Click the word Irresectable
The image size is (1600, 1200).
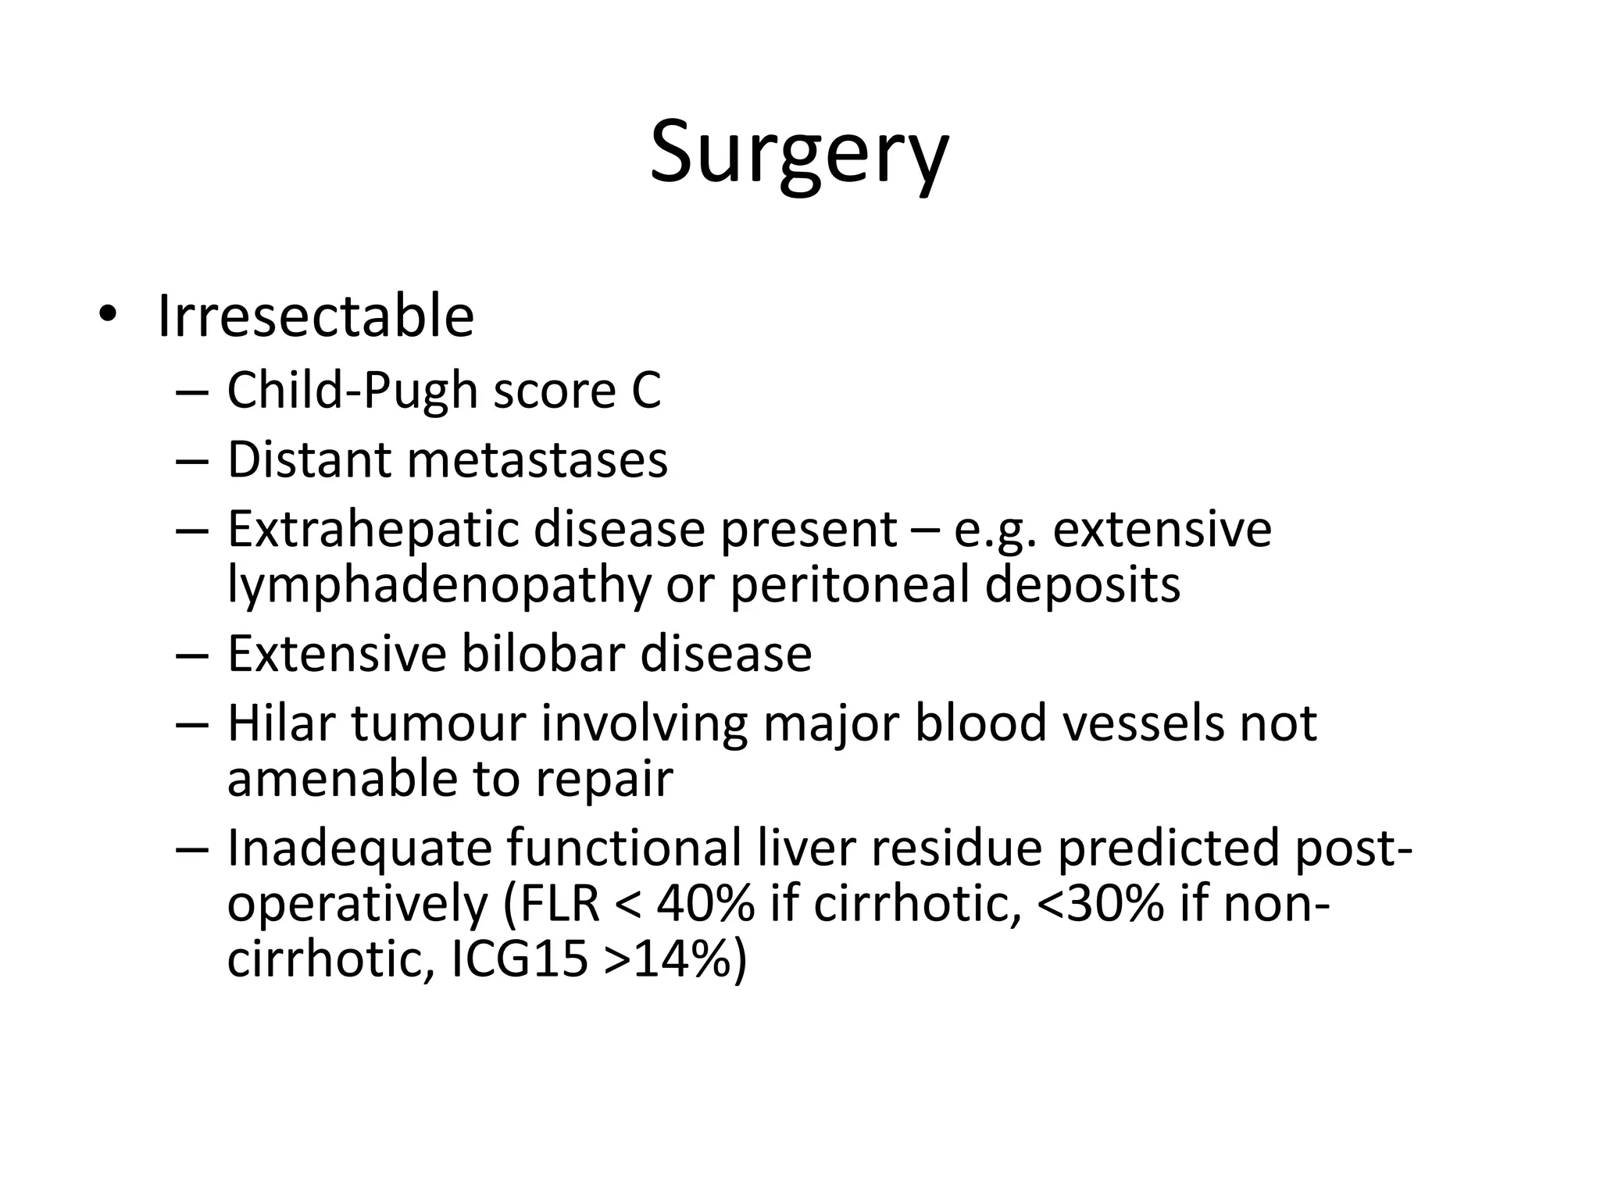316,316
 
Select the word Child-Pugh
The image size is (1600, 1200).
352,391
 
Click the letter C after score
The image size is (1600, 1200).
647,391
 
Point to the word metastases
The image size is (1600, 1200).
537,459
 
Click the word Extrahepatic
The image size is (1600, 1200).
373,529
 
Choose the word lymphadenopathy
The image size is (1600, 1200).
438,584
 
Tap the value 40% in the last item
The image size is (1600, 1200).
705,904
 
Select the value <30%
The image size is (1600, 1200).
1100,904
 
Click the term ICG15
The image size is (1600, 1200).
520,959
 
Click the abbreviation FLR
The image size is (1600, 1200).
559,904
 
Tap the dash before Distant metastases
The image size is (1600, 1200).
192,461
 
